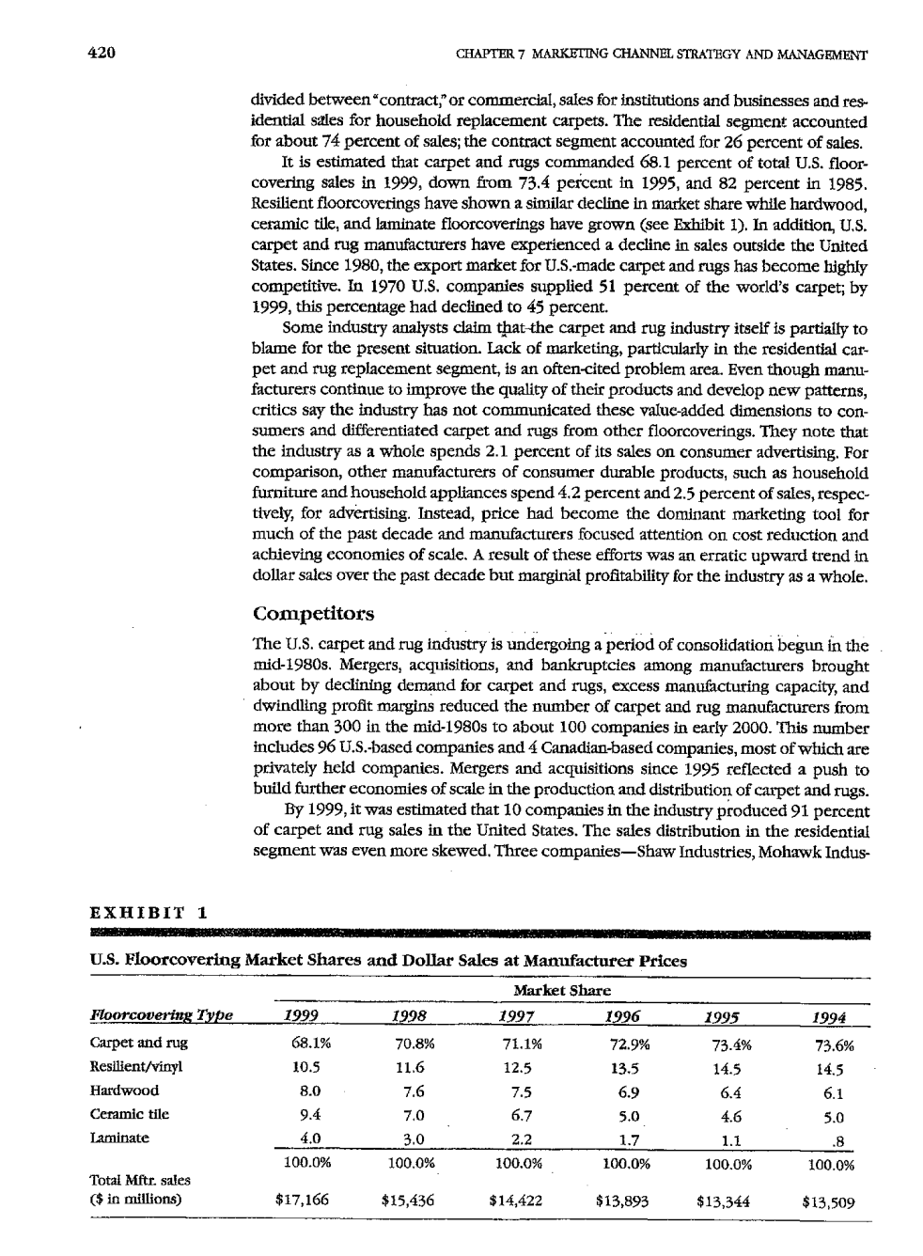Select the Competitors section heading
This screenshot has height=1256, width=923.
coord(314,614)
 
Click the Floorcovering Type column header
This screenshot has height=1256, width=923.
coord(161,1015)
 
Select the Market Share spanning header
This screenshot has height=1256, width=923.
coord(561,991)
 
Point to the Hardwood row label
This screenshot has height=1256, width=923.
coord(124,1091)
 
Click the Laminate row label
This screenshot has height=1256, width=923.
coord(119,1138)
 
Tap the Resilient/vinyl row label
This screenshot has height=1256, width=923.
coord(136,1067)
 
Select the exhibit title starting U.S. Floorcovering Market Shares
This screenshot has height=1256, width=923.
coord(387,961)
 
